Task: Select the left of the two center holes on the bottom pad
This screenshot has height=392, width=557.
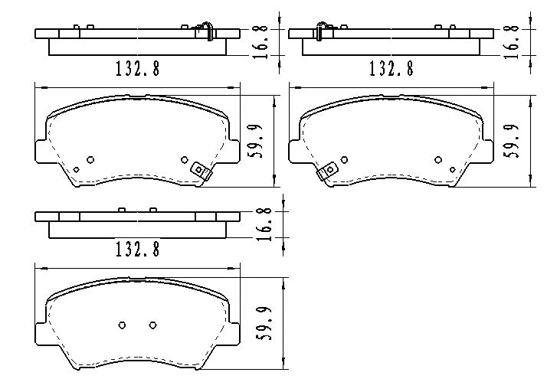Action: pos(122,325)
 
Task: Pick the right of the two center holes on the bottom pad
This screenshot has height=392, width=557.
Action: pos(152,325)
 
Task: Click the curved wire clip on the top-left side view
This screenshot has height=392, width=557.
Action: pos(206,31)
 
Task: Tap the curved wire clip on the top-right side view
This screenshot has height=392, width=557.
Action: pos(319,31)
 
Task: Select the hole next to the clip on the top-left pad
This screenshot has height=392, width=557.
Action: pos(184,159)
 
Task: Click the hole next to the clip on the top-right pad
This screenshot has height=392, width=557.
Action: pos(438,160)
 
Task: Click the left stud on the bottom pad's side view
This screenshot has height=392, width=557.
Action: pos(122,209)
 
